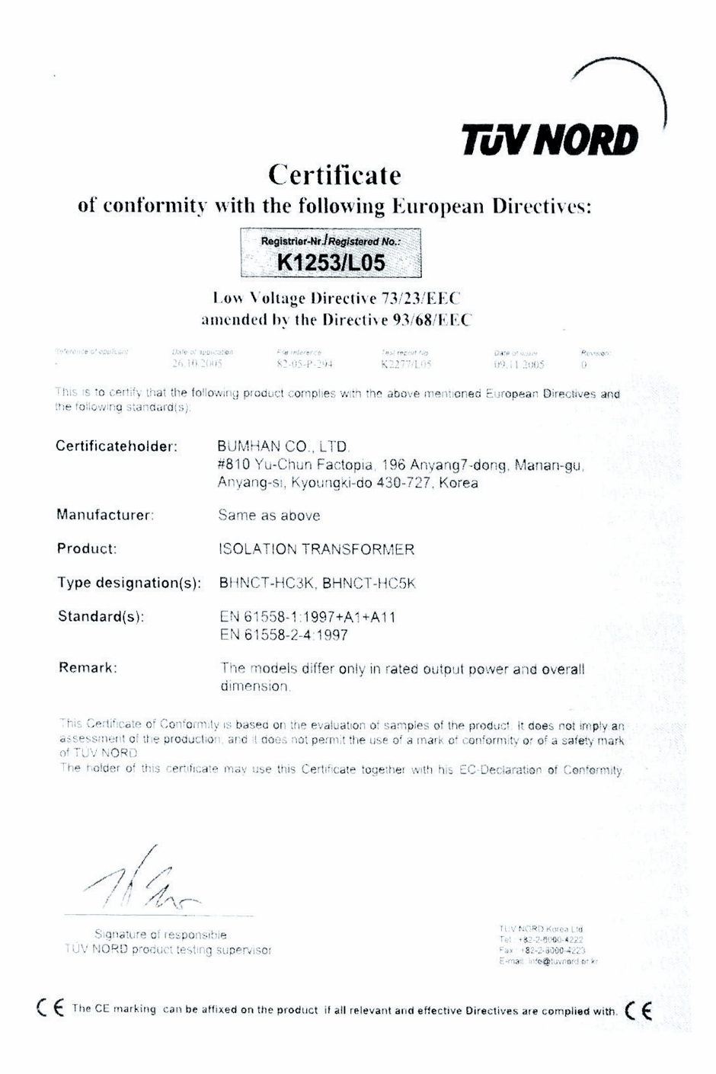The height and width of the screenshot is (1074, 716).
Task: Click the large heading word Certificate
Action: click(x=334, y=175)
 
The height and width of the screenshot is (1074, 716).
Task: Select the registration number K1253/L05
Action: click(x=331, y=264)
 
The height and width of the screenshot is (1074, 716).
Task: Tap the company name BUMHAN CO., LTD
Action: click(x=283, y=447)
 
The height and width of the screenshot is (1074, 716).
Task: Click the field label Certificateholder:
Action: click(x=117, y=446)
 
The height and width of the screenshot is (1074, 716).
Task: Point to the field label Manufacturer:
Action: click(x=105, y=515)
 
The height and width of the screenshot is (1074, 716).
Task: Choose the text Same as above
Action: click(x=269, y=516)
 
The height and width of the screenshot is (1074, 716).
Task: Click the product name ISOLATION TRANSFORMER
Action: click(x=316, y=549)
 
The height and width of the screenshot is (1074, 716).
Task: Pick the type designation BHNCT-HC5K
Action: click(x=369, y=583)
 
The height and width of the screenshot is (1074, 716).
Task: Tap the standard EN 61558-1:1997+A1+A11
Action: click(x=307, y=617)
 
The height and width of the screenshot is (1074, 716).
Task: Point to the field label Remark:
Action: click(x=88, y=668)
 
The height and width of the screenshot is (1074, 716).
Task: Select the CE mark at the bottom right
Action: click(x=638, y=1010)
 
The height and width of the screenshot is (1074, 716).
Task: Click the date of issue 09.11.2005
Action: click(x=519, y=365)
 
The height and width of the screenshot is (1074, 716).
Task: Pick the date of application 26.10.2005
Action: click(x=197, y=365)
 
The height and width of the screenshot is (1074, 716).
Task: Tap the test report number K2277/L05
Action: click(x=406, y=365)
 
